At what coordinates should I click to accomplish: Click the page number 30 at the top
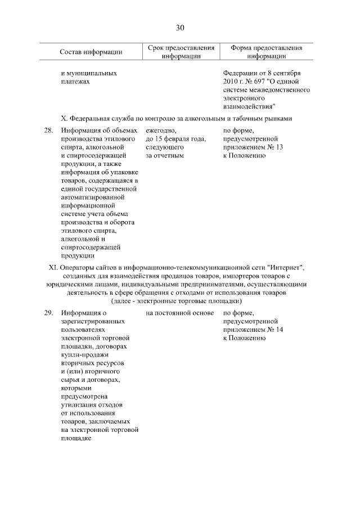point(180,28)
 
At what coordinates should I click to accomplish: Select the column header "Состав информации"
point(91,52)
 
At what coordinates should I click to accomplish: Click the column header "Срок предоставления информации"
point(181,52)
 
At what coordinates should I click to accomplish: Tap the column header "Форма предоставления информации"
point(266,52)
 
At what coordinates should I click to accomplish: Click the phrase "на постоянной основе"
point(179,313)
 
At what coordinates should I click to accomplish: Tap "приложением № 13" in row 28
point(253,147)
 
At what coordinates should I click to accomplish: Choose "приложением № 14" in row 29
point(253,330)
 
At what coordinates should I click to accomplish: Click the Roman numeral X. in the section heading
point(64,118)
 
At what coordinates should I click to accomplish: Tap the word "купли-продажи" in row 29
point(84,355)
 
